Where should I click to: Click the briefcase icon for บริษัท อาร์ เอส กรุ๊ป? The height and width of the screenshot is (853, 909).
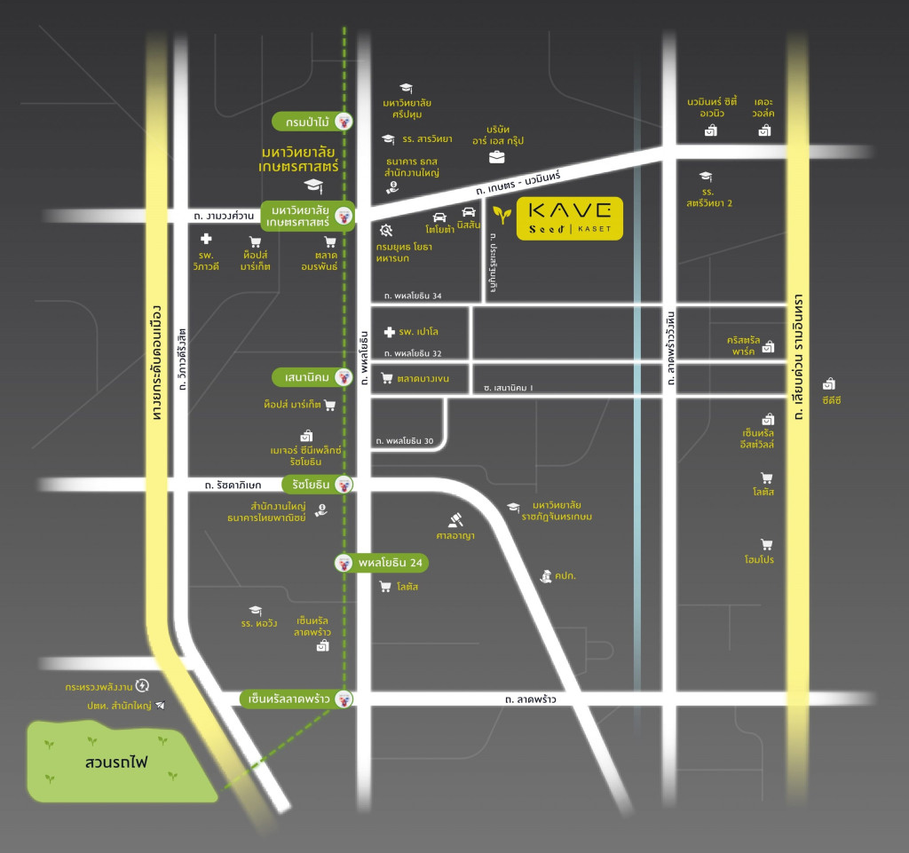(496, 157)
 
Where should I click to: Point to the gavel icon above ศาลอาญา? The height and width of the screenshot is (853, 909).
(456, 517)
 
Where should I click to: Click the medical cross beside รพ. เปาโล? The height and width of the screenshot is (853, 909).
(388, 332)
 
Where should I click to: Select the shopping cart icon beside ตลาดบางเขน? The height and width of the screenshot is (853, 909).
(386, 378)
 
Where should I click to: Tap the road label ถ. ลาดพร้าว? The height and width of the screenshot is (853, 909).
(530, 700)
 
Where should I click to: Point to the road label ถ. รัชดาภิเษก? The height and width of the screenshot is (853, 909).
(233, 486)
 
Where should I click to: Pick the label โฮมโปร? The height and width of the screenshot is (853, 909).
(759, 560)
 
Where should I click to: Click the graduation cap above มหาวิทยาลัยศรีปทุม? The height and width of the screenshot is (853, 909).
(406, 88)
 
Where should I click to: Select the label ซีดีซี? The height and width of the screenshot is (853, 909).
(831, 400)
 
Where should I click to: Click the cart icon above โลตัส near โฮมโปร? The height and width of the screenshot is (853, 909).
(766, 478)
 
